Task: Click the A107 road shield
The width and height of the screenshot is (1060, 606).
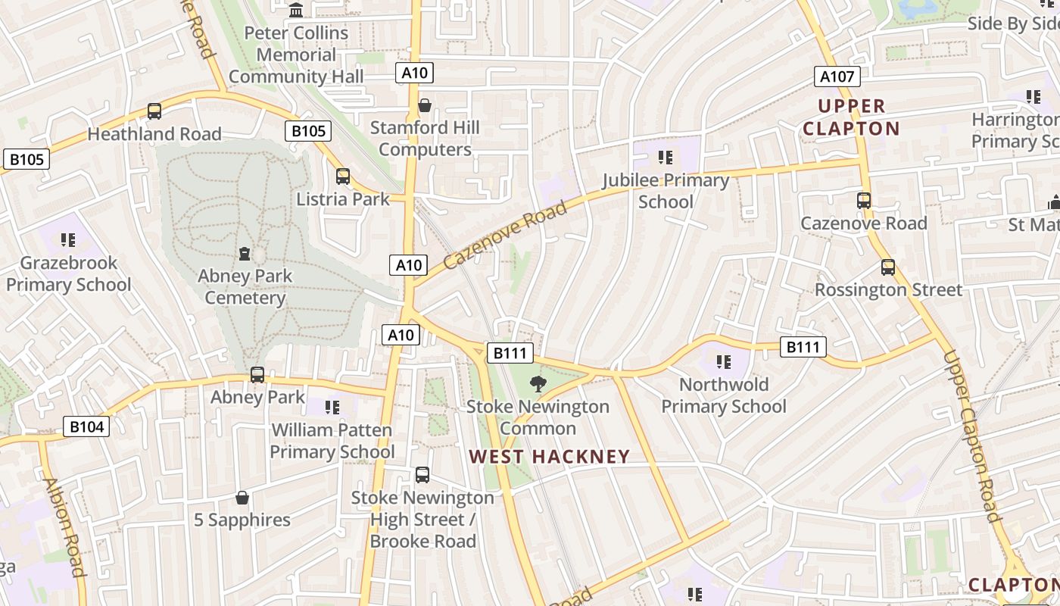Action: pyautogui.click(x=837, y=76)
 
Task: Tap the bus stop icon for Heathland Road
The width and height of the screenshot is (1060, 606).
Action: pyautogui.click(x=154, y=111)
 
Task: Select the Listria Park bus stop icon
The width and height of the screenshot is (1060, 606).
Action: pyautogui.click(x=343, y=176)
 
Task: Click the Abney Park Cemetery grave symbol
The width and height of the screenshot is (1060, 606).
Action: pyautogui.click(x=244, y=253)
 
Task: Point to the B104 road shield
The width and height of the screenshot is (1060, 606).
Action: pyautogui.click(x=86, y=426)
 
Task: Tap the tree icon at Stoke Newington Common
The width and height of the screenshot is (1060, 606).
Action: pyautogui.click(x=538, y=383)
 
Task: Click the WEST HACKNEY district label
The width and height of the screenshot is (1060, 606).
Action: pyautogui.click(x=549, y=456)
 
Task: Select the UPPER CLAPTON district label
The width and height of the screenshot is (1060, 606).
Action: pyautogui.click(x=851, y=117)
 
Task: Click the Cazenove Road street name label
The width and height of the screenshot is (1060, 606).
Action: pyautogui.click(x=505, y=236)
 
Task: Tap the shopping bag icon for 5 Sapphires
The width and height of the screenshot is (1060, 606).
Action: pyautogui.click(x=242, y=498)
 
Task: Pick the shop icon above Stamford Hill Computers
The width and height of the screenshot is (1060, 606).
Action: pyautogui.click(x=425, y=105)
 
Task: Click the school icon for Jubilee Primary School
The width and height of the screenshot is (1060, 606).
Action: pyautogui.click(x=666, y=158)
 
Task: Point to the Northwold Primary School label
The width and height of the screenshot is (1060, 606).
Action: pyautogui.click(x=724, y=395)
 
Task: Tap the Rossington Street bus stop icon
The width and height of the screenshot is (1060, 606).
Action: pyautogui.click(x=888, y=267)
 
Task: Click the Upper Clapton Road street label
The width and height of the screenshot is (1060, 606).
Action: pyautogui.click(x=972, y=436)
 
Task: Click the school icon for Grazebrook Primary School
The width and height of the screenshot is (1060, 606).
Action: pyautogui.click(x=68, y=240)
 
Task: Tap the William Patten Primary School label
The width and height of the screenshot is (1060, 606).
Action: pyautogui.click(x=332, y=441)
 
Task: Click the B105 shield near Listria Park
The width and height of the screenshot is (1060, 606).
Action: pyautogui.click(x=308, y=131)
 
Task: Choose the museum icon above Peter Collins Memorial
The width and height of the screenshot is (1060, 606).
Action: pyautogui.click(x=297, y=11)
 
